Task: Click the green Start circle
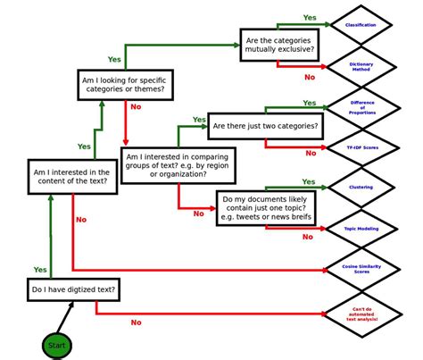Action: (56, 345)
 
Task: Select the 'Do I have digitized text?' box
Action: (73, 289)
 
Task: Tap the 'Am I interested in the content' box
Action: (70, 177)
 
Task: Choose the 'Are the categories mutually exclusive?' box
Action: (278, 44)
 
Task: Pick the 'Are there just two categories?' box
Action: (264, 126)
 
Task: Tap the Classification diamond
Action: (360, 25)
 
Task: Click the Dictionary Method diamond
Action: (360, 66)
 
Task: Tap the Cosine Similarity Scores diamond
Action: (361, 268)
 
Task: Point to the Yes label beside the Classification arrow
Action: (310, 17)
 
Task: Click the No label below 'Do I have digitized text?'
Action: (136, 322)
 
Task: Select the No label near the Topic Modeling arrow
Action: (307, 237)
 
